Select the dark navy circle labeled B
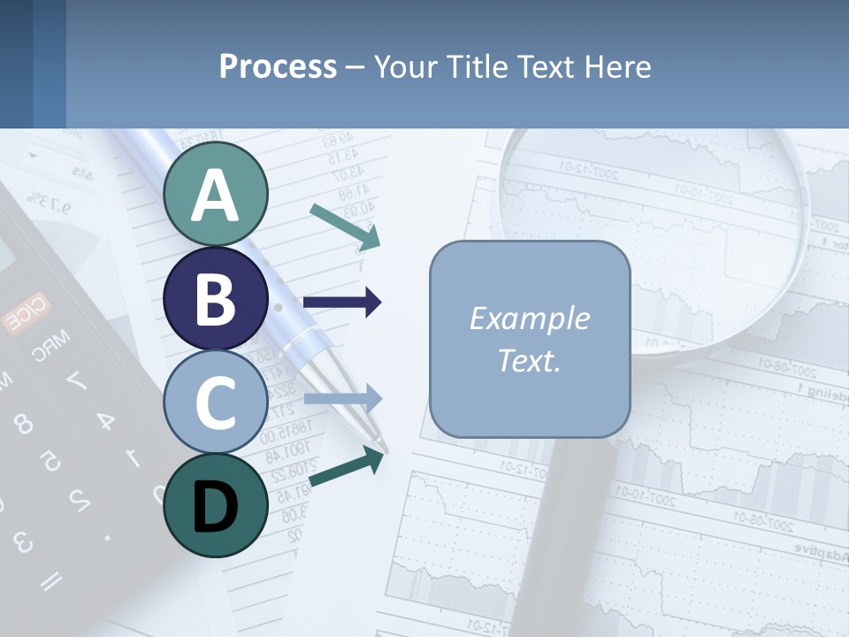216,298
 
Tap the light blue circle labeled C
216,402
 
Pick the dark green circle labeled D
216,505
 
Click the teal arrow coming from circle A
345,225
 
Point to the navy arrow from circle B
342,303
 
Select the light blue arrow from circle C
342,399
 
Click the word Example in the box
530,318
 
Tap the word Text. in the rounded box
530,360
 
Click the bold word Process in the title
278,66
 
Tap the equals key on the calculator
50,579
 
